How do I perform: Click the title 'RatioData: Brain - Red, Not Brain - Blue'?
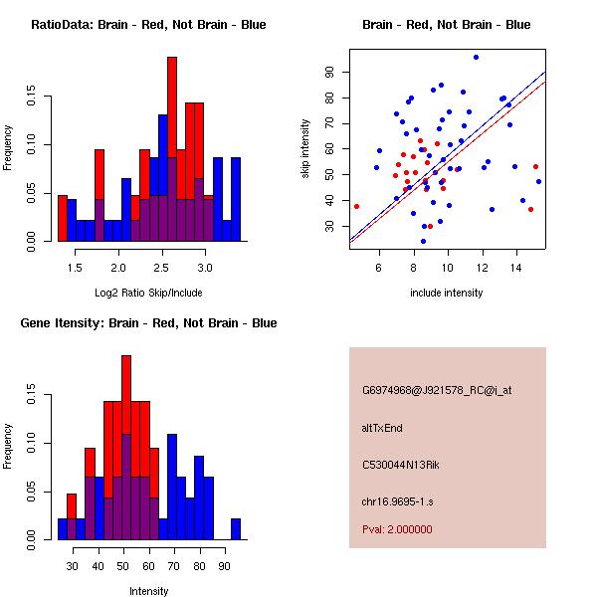coord(148,25)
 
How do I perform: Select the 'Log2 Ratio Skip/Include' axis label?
coord(148,293)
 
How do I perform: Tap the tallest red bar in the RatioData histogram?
coord(172,149)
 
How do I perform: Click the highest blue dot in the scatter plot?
coord(476,57)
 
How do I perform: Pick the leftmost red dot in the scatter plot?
coord(356,206)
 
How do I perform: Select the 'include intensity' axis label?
coord(446,293)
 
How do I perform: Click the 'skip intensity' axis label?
coord(305,148)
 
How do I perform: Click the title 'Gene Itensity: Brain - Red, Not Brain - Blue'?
coord(148,323)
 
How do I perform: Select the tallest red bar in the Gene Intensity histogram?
coord(126,448)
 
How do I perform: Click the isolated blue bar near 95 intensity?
coord(236,529)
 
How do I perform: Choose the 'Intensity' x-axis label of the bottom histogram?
coord(148,591)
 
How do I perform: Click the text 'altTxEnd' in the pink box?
coord(382,428)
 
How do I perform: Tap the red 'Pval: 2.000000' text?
coord(397,529)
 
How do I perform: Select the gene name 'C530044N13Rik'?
coord(401,465)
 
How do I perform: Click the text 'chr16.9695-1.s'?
coord(397,501)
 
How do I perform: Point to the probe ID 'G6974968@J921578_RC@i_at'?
coord(437,391)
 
